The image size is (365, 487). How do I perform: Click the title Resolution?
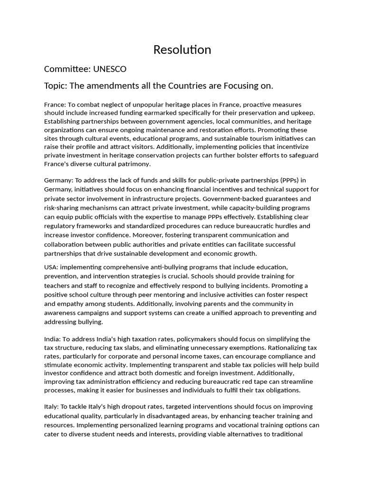click(x=182, y=49)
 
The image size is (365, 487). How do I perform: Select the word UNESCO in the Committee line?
click(x=110, y=69)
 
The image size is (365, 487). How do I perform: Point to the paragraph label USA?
click(x=51, y=267)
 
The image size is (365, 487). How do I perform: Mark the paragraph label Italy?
click(x=51, y=407)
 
